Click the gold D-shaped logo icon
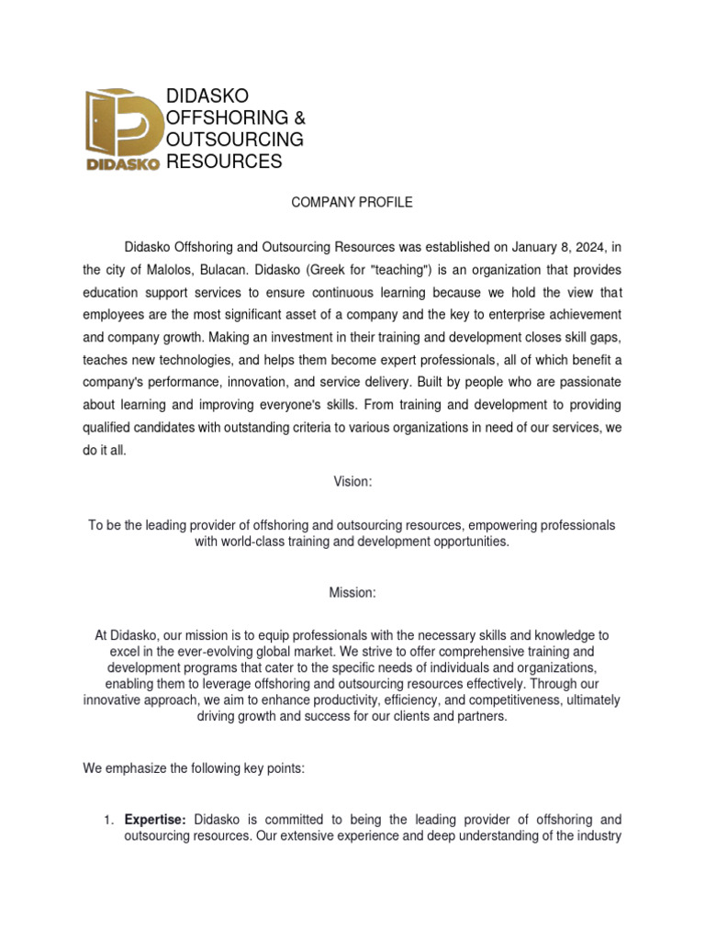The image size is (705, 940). (122, 121)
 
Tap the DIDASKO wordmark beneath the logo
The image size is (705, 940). (123, 164)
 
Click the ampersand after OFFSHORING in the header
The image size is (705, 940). (298, 118)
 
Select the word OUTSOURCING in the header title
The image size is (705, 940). (234, 140)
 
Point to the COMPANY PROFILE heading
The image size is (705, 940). (352, 202)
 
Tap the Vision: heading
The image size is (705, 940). (352, 481)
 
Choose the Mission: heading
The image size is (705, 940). (352, 593)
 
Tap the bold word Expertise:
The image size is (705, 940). (155, 819)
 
